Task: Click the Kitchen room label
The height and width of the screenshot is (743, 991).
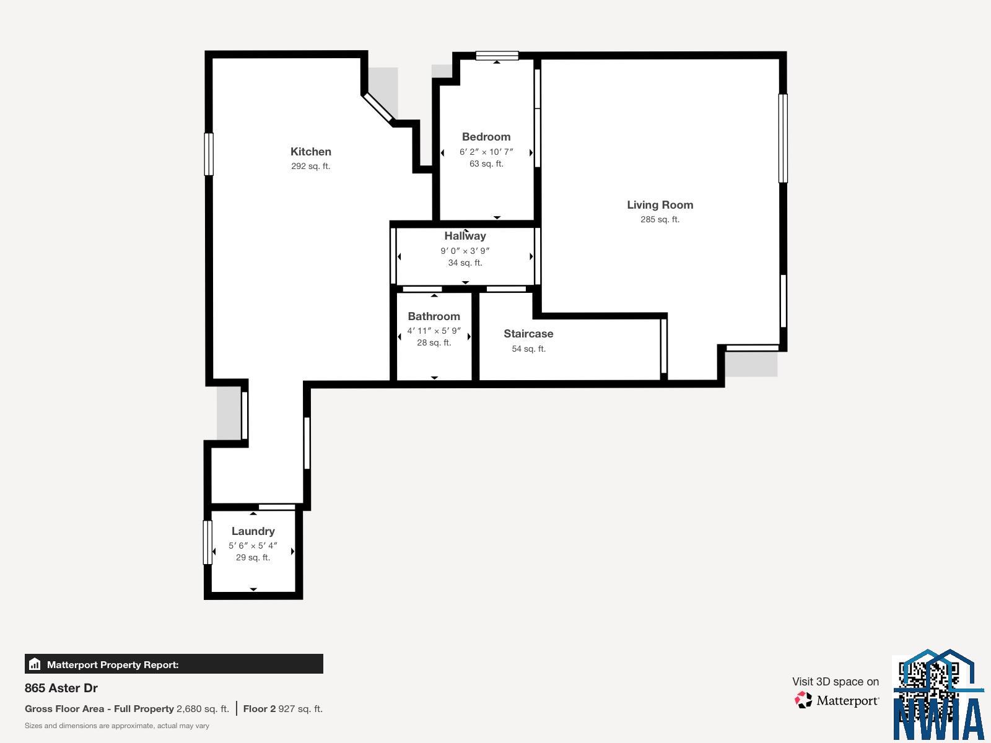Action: click(311, 152)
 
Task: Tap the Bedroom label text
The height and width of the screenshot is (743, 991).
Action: click(486, 137)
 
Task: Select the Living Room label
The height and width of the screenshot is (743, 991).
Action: click(660, 205)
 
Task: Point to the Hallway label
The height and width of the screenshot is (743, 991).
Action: click(465, 236)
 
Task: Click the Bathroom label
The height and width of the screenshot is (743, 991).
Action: click(434, 316)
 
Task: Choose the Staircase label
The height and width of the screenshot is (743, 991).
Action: click(529, 334)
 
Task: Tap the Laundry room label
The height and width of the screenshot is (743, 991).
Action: click(253, 531)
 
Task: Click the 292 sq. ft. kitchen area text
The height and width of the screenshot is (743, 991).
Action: click(311, 166)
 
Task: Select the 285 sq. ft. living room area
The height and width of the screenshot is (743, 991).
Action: click(660, 219)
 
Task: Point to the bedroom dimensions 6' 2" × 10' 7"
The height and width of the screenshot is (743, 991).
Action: click(486, 152)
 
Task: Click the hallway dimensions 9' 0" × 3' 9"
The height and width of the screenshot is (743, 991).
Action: click(465, 251)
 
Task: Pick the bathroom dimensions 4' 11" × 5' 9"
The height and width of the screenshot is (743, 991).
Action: click(434, 331)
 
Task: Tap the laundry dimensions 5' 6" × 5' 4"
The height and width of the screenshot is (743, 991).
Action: click(253, 545)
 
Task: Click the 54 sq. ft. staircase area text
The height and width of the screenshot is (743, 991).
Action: click(529, 349)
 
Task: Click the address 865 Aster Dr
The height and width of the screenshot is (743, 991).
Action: click(61, 688)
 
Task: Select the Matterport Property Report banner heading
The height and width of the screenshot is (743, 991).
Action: click(113, 664)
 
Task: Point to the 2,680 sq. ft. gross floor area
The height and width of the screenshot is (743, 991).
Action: click(203, 709)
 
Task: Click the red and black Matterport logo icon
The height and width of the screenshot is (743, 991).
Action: click(803, 700)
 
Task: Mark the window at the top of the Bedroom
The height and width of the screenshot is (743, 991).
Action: click(497, 56)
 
